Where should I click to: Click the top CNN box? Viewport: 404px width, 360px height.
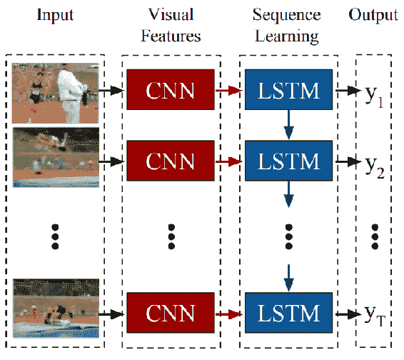[171, 89]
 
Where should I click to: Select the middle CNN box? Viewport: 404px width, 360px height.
[171, 161]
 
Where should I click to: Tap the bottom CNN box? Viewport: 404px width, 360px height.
[171, 313]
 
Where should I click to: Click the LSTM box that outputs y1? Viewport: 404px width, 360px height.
[288, 89]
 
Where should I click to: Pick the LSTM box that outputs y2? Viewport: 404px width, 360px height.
[288, 161]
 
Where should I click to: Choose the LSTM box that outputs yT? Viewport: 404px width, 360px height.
[288, 313]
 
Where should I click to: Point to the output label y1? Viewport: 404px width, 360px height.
[374, 96]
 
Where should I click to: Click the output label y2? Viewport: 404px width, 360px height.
[375, 167]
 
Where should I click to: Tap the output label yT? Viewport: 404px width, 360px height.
[375, 316]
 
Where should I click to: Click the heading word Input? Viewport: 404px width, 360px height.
[55, 15]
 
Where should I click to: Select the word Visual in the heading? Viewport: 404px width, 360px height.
[171, 14]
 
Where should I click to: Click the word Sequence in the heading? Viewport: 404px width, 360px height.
[286, 15]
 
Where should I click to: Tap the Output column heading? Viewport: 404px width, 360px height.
[373, 15]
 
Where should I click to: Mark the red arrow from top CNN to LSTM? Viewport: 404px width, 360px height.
[229, 90]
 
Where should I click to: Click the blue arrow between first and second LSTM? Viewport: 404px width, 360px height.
[288, 125]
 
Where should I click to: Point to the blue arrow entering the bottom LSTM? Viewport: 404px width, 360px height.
[288, 278]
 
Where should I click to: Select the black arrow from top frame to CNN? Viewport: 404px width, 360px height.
[111, 90]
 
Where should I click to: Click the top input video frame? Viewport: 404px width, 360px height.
[55, 93]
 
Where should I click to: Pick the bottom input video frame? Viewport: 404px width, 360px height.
[56, 308]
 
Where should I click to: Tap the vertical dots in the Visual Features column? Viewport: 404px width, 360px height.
[171, 236]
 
